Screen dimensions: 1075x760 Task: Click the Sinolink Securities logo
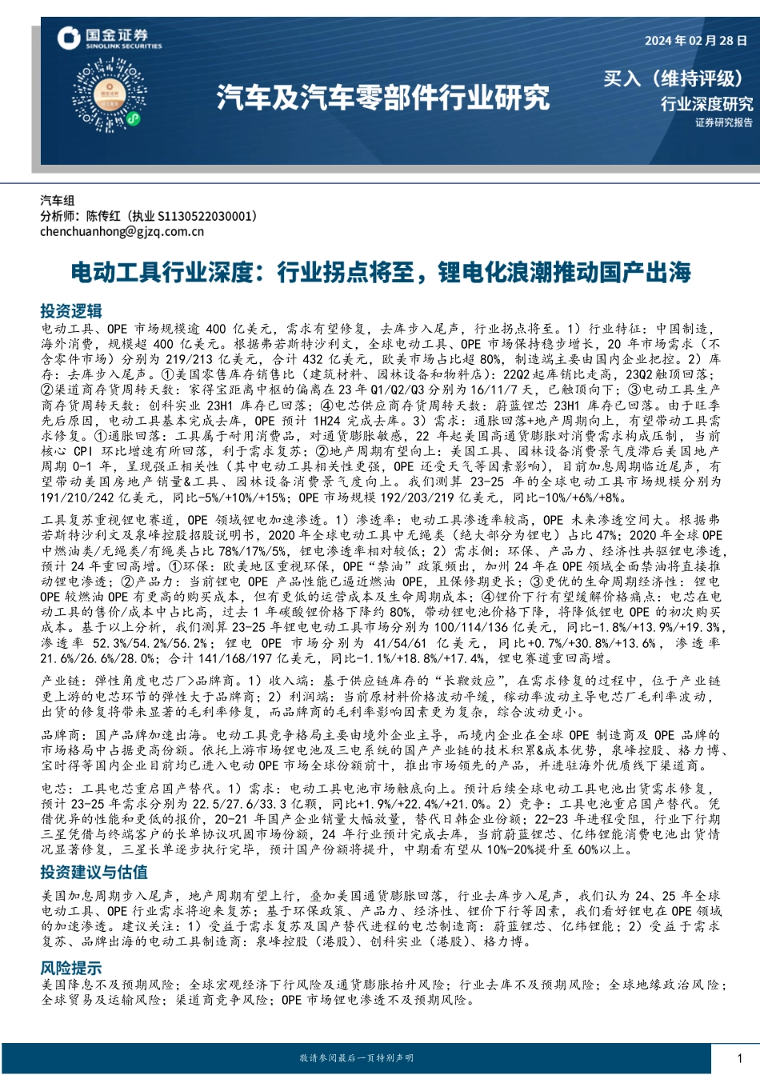click(x=109, y=38)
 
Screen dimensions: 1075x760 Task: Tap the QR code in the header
click(x=110, y=97)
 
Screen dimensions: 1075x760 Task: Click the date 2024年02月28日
click(x=695, y=41)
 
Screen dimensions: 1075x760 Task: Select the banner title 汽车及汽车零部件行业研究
click(x=383, y=97)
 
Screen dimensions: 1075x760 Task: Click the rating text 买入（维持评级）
click(x=673, y=78)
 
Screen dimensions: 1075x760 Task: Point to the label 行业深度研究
click(x=706, y=104)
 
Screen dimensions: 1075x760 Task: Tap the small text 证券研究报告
click(x=723, y=123)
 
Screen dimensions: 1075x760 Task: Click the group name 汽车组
click(x=58, y=200)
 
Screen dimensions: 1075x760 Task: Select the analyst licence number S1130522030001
click(x=207, y=216)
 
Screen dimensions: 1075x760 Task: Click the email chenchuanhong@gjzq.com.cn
click(x=122, y=232)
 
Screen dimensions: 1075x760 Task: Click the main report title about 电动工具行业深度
click(x=381, y=273)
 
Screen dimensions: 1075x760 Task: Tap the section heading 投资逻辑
click(x=71, y=311)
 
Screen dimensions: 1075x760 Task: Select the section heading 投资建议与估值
click(x=94, y=872)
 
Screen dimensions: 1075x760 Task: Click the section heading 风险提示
click(x=71, y=968)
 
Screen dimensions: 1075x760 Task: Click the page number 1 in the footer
click(x=740, y=1058)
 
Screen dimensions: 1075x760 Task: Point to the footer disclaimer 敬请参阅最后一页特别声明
click(x=357, y=1058)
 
